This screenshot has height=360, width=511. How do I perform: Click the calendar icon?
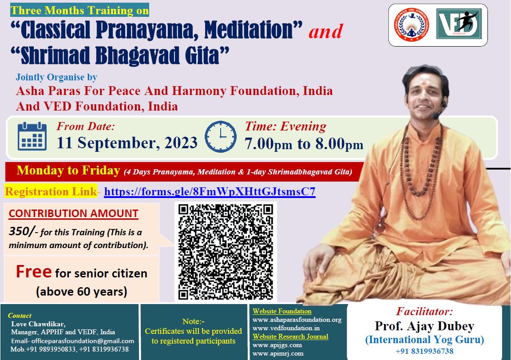click(32, 136)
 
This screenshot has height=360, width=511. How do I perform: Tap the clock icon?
click(220, 137)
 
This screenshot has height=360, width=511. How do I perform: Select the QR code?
click(226, 252)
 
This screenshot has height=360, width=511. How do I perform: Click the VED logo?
click(459, 24)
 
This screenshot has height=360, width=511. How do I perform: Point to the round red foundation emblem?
click(411, 25)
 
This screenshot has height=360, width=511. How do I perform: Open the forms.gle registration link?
click(210, 192)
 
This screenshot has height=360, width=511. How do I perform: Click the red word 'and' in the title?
click(325, 31)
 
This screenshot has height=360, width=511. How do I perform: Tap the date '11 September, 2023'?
click(127, 143)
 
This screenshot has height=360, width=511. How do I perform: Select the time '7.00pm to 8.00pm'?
click(304, 144)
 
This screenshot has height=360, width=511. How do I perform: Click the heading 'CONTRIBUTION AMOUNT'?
click(74, 214)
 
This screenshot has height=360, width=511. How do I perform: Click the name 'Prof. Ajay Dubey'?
click(424, 326)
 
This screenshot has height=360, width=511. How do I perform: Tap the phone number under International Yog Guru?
click(424, 351)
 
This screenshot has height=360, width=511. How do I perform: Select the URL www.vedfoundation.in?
click(286, 328)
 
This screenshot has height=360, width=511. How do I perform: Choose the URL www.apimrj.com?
click(277, 353)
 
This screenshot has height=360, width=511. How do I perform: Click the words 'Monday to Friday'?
click(68, 170)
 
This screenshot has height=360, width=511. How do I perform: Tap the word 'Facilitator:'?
click(424, 312)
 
